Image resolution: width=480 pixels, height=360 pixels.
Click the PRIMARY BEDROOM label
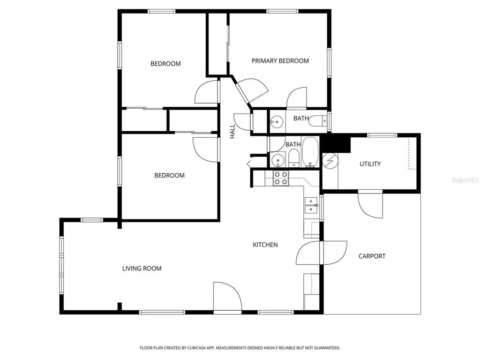pyautogui.click(x=280, y=61)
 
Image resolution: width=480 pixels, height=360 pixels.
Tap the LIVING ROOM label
pyautogui.click(x=142, y=269)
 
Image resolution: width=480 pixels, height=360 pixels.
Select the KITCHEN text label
pyautogui.click(x=265, y=245)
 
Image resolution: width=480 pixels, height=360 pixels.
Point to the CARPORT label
pyautogui.click(x=372, y=256)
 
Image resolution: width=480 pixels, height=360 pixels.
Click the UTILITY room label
pyautogui.click(x=370, y=164)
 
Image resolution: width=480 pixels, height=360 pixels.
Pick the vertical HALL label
pyautogui.click(x=232, y=131)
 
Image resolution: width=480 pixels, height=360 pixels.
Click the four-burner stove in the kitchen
pyautogui.click(x=281, y=178)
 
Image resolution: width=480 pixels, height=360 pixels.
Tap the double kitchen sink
pyautogui.click(x=311, y=205)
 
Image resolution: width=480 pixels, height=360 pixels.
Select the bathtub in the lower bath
pyautogui.click(x=310, y=152)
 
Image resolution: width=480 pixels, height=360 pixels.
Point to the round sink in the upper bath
pyautogui.click(x=277, y=121)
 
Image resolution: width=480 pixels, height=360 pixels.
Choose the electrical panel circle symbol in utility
pyautogui.click(x=330, y=161)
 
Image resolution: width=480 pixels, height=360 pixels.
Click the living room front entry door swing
pyautogui.click(x=227, y=297)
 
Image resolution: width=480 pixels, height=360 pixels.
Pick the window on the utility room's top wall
pyautogui.click(x=382, y=135)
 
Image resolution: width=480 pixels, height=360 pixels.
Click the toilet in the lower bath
pyautogui.click(x=294, y=158)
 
